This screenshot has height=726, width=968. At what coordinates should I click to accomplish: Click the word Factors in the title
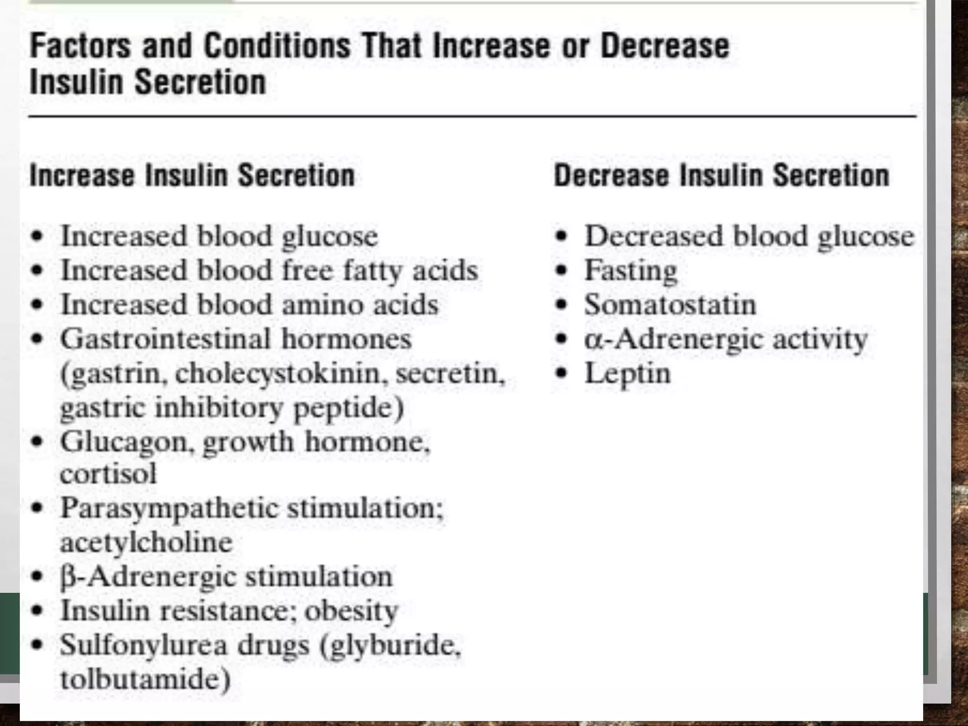[80, 46]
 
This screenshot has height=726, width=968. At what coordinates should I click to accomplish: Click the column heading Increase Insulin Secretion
[192, 175]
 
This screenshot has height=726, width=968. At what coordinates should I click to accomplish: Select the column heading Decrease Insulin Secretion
[721, 175]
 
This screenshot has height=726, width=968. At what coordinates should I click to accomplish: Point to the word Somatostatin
[670, 305]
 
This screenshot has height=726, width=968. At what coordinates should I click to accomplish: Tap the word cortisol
[108, 474]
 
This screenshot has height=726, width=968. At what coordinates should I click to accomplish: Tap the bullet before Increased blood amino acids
[37, 305]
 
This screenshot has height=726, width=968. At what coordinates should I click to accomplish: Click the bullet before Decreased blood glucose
[561, 236]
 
